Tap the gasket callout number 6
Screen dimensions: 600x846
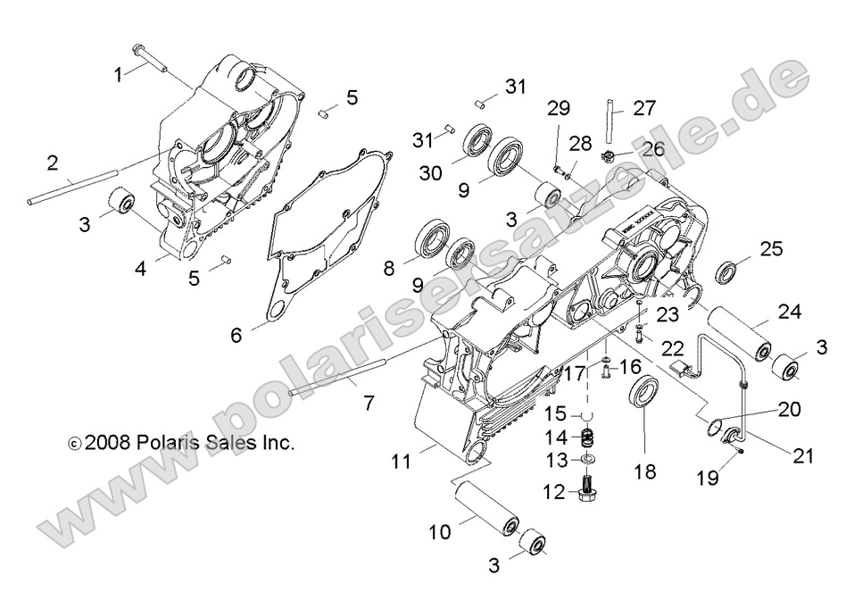[236, 335]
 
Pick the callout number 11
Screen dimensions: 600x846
[400, 462]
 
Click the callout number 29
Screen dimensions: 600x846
[559, 110]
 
